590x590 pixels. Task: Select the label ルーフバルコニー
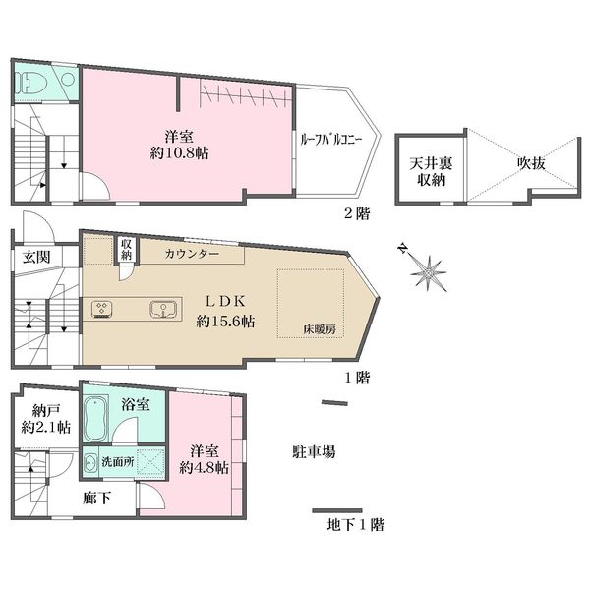coord(330,140)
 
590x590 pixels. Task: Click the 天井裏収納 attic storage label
coord(431,171)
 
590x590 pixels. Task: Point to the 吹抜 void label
coord(531,163)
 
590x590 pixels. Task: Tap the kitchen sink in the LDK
coord(163,310)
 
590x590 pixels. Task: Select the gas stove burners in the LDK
coord(101,310)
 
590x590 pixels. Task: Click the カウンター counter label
coord(192,254)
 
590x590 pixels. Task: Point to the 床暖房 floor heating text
coord(320,329)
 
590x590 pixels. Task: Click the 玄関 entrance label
coord(36,257)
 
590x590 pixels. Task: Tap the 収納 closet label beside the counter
coord(126,250)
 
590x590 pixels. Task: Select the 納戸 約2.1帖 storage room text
coord(45,419)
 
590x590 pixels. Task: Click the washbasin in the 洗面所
coord(89,462)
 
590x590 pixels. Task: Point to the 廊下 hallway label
coord(96,499)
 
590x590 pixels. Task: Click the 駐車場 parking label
coord(314,451)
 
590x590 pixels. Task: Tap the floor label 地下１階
coord(356,524)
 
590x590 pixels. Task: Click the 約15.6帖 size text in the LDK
coord(225,322)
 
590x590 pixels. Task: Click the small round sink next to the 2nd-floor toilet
coord(68,79)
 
